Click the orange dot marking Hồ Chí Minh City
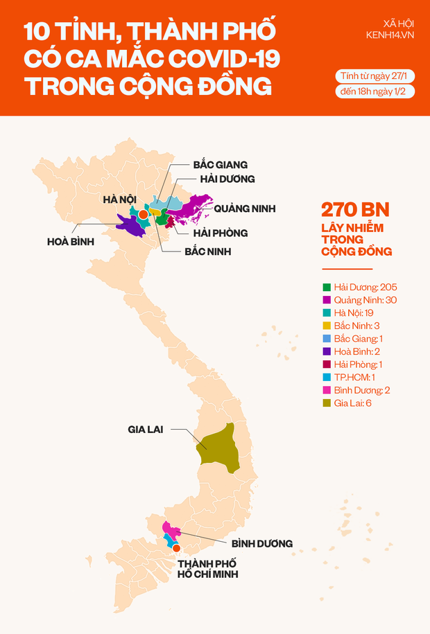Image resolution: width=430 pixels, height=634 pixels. pyautogui.click(x=177, y=549)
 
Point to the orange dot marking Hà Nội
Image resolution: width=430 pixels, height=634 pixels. pyautogui.click(x=143, y=215)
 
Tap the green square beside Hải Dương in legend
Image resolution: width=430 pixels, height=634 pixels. pyautogui.click(x=327, y=287)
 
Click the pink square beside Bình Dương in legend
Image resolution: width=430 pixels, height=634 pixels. pyautogui.click(x=327, y=390)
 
